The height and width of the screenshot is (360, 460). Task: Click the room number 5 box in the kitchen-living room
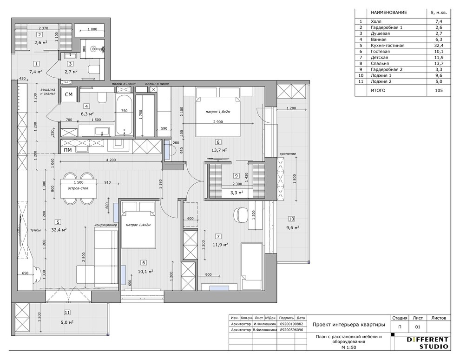coord(58,222)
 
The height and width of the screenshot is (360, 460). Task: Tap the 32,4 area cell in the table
coord(439,45)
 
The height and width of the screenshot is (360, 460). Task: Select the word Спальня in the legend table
coord(380,63)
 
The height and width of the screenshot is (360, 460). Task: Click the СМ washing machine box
coord(69,94)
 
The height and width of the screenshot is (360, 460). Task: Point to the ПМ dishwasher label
coord(68,150)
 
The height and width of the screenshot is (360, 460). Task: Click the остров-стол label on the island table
coord(78,188)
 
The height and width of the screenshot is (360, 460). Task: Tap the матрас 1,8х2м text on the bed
coord(218,112)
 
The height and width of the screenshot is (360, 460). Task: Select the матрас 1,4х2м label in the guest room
coord(138,225)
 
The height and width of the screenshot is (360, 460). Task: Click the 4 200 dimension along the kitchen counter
coord(111,160)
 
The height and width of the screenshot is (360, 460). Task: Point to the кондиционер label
coord(105,225)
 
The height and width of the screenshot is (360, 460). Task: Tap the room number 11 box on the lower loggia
coord(67,313)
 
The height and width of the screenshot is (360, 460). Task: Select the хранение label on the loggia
coord(288,153)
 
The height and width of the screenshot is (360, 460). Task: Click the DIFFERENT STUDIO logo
coord(427,343)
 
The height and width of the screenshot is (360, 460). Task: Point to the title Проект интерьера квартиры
coord(348,325)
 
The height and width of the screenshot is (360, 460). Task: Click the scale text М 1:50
coord(349,347)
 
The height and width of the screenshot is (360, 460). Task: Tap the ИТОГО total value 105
coord(439,90)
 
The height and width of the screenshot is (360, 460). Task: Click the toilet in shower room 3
coord(94,70)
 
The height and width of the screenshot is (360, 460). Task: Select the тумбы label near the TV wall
coord(35,230)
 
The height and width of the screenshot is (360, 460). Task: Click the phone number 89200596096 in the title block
coord(292,330)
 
